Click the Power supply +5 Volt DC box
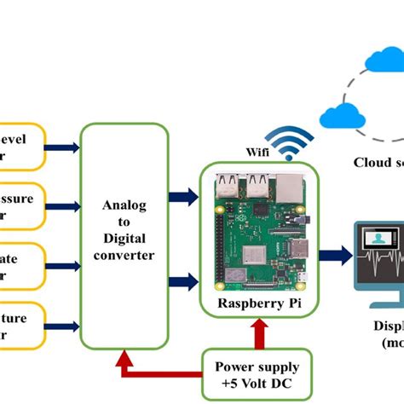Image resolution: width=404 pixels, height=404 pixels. point(257,374)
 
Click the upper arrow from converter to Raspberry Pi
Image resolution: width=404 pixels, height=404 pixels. point(182,198)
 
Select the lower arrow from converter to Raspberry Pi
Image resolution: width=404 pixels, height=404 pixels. point(182,256)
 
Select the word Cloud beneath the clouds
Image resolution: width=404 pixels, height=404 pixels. point(372,162)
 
